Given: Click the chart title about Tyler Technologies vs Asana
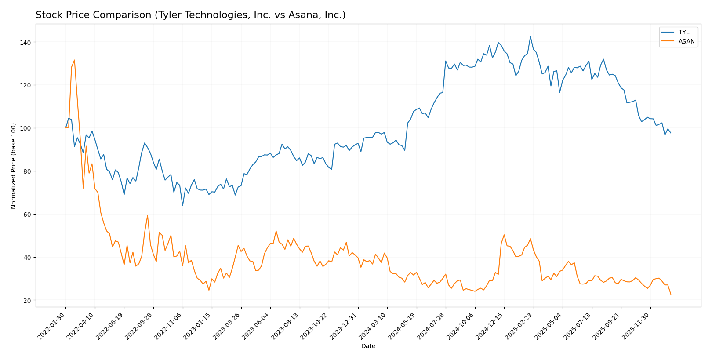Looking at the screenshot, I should click(190, 15).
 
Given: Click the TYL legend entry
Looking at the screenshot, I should click(684, 32).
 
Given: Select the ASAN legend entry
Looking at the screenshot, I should click(686, 42).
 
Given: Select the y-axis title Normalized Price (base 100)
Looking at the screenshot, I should click(14, 166).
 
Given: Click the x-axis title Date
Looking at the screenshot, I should click(368, 346).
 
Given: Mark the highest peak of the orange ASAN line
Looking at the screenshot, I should click(74, 60).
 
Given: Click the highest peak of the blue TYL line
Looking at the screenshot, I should click(530, 36).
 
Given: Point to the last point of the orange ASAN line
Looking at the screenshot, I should click(670, 294).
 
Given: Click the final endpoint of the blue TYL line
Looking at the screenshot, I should click(670, 133).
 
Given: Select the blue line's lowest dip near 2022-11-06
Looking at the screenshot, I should click(182, 205).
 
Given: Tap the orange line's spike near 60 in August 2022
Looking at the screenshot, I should click(147, 215).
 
